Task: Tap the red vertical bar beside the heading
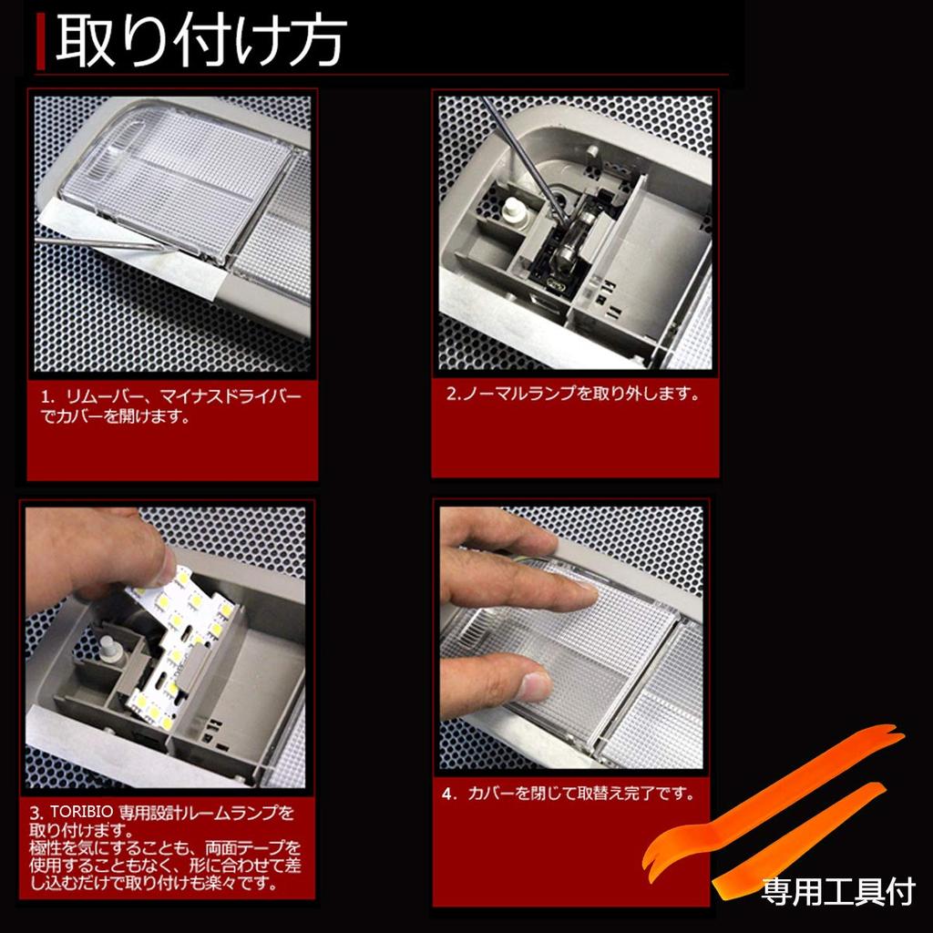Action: pos(40,41)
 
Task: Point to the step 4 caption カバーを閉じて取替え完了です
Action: pos(580,794)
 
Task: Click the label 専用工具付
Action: pos(838,891)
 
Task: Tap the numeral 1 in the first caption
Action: pos(45,396)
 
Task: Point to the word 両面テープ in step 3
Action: pos(253,847)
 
